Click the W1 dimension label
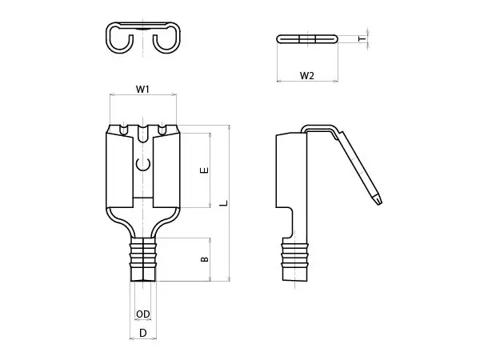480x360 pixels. pyautogui.click(x=142, y=90)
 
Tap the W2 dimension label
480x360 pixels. pyautogui.click(x=307, y=76)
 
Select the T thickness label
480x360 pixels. pyautogui.click(x=362, y=39)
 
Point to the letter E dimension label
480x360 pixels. pyautogui.click(x=204, y=170)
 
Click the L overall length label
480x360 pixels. pyautogui.click(x=224, y=203)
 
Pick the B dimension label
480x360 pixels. pyautogui.click(x=205, y=259)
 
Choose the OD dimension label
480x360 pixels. pyautogui.click(x=143, y=314)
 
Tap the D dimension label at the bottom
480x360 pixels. pyautogui.click(x=143, y=333)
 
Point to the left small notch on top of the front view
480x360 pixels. pyautogui.click(x=124, y=130)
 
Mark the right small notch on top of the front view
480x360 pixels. pyautogui.click(x=162, y=130)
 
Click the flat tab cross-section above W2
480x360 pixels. pyautogui.click(x=307, y=39)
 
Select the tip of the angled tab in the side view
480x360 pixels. pyautogui.click(x=379, y=202)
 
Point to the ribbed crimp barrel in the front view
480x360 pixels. pyautogui.click(x=143, y=259)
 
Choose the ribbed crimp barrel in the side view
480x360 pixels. pyautogui.click(x=294, y=262)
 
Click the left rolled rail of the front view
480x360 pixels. pyautogui.click(x=119, y=170)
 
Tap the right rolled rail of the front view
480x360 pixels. pyautogui.click(x=166, y=170)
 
